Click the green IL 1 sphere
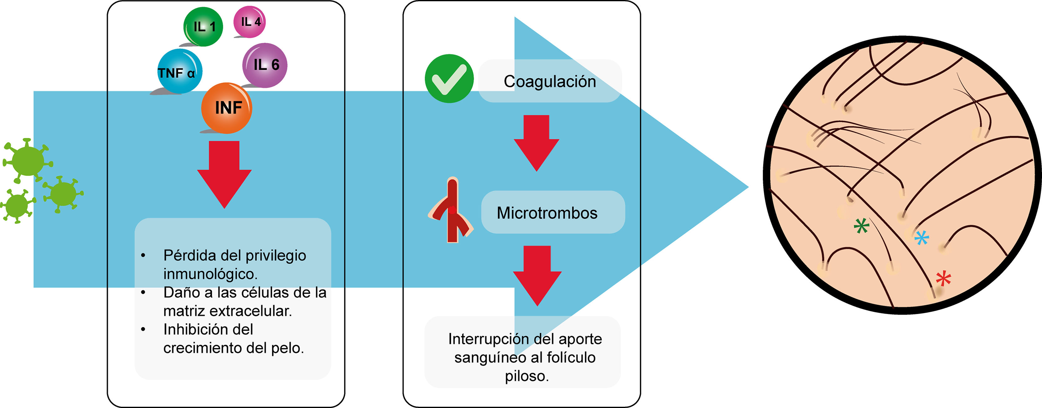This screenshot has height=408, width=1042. click(x=203, y=27)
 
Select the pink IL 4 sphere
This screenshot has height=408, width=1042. click(x=249, y=22)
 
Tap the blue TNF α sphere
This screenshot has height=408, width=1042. click(x=179, y=72)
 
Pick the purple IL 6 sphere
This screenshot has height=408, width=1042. click(x=265, y=65)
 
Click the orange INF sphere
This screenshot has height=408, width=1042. click(x=227, y=108)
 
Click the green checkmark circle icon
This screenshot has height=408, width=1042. click(x=449, y=79)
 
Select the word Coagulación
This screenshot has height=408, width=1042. click(x=549, y=82)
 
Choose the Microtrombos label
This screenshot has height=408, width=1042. click(x=547, y=213)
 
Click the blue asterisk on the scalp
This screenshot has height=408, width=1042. click(x=922, y=238)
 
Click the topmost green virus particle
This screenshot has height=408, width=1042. click(x=28, y=161)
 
